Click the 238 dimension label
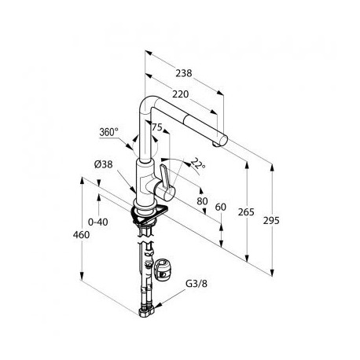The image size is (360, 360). click(184, 73)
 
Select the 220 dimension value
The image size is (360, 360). click(181, 94)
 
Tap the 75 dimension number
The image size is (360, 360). click(157, 127)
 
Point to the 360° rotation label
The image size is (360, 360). click(108, 132)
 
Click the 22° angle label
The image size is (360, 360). click(197, 163)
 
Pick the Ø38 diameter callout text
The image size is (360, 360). click(104, 164)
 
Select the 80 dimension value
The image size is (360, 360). click(202, 201)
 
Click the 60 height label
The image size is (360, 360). click(220, 207)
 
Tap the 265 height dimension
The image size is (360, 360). click(246, 211)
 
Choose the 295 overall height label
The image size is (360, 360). click(271, 221)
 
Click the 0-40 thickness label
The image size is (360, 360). click(98, 222)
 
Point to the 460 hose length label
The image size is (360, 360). click(81, 235)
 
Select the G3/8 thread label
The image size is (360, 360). click(197, 284)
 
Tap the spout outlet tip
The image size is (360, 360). click(215, 144)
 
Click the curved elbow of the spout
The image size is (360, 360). click(149, 103)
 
